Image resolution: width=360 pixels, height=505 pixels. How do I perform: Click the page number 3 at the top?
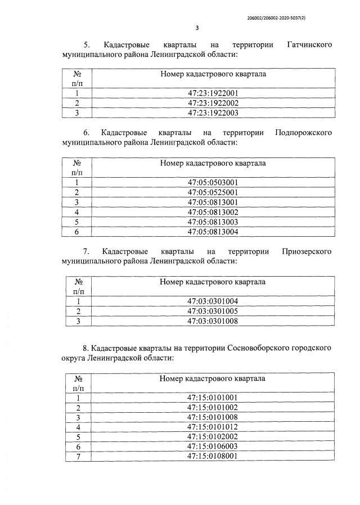coord(197,28)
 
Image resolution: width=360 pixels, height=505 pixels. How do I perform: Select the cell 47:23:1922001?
coord(213,93)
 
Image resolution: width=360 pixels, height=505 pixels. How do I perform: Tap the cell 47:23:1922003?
coord(213,112)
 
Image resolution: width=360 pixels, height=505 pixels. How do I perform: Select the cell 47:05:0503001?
coord(213,182)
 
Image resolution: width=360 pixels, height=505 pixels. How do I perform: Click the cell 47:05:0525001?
coord(213,192)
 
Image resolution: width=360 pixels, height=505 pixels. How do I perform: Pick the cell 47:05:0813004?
coord(213,231)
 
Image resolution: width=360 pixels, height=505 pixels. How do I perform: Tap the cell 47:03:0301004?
coord(213,301)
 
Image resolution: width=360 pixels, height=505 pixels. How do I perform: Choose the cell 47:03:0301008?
coord(213,321)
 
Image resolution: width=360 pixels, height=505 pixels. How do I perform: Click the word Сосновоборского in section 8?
coord(244,348)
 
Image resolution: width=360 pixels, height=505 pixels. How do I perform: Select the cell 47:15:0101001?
coord(213,398)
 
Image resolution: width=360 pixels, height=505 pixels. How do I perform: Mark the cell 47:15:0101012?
coord(213,427)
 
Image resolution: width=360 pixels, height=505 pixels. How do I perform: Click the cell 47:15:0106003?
coord(213,447)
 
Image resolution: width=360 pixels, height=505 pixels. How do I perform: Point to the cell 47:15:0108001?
coord(213,456)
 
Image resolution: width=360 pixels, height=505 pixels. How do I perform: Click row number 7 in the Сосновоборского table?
coord(79,456)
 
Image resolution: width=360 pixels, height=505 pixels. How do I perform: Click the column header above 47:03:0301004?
coord(213,282)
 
